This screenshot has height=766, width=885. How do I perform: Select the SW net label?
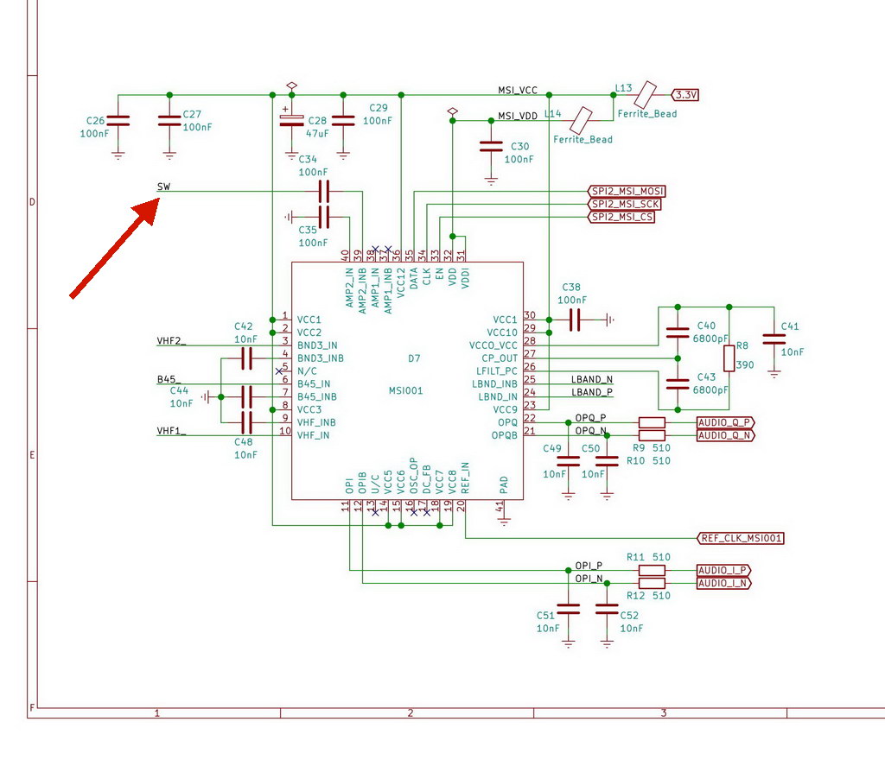click(163, 187)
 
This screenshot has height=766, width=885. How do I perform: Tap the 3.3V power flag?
click(685, 95)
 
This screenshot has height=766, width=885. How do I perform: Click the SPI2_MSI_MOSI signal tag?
click(627, 191)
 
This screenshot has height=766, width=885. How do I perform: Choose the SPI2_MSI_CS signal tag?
click(621, 217)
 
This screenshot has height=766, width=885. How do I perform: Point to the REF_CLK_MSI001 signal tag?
click(741, 538)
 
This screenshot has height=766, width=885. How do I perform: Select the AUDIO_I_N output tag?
click(723, 583)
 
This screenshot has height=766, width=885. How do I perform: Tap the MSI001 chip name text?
click(406, 390)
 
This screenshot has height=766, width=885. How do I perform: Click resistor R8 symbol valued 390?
click(729, 358)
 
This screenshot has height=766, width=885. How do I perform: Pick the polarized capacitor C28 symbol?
click(291, 121)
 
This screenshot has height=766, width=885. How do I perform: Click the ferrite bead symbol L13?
click(645, 95)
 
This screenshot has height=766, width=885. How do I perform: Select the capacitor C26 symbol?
click(118, 121)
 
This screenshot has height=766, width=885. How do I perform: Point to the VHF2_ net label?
click(171, 341)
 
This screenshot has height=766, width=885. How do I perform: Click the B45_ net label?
click(169, 380)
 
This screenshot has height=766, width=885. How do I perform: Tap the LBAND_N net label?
click(592, 380)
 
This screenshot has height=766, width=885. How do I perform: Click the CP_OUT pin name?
click(500, 358)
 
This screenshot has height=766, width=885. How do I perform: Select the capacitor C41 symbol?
click(774, 339)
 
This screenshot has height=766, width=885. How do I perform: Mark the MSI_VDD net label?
click(518, 117)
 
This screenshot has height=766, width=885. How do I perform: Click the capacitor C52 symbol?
click(607, 609)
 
